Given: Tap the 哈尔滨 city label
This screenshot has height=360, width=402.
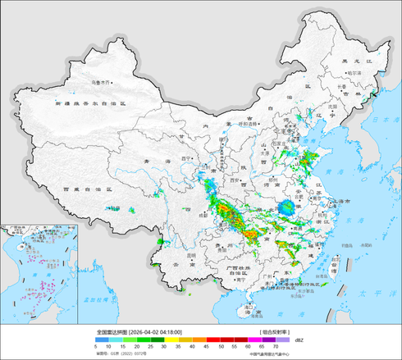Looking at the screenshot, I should pyautogui.click(x=354, y=72).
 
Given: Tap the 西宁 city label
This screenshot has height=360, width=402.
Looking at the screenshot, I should pyautogui.click(x=186, y=155).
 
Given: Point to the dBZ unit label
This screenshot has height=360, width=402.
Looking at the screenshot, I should pyautogui.click(x=298, y=339).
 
